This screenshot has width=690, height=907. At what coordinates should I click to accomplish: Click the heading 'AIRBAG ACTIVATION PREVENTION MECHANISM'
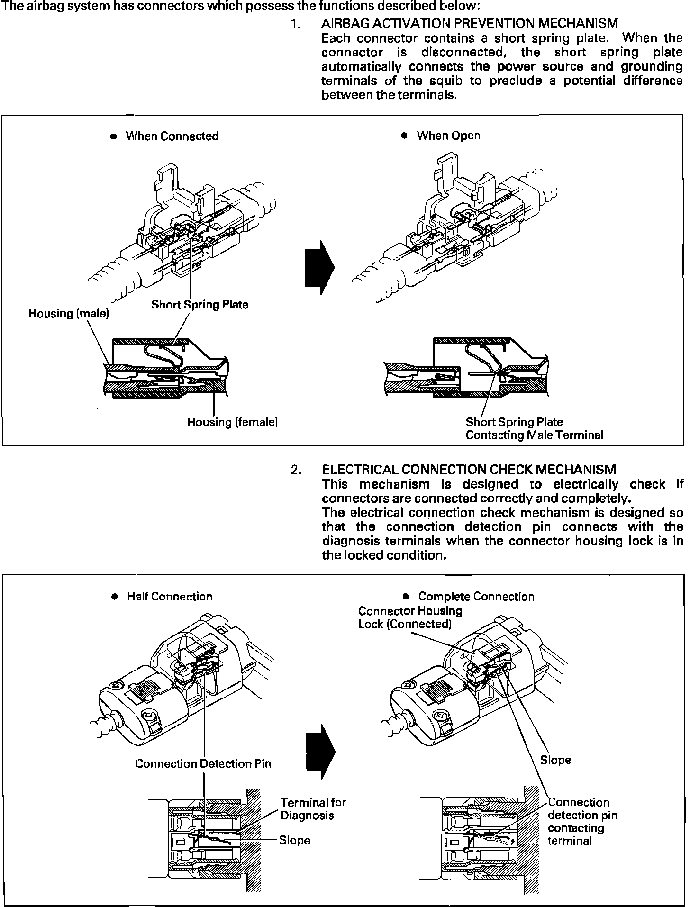click(x=470, y=23)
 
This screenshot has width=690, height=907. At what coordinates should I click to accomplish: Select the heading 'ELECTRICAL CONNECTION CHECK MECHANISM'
click(x=469, y=470)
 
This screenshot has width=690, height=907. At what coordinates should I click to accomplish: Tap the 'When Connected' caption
click(x=172, y=136)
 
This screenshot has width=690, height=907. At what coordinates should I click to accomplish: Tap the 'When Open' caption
click(x=448, y=136)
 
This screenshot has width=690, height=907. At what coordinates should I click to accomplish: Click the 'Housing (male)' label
click(x=69, y=314)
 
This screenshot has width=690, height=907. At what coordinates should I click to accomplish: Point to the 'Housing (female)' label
click(x=232, y=422)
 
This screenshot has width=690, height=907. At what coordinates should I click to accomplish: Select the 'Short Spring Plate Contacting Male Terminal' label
click(x=534, y=428)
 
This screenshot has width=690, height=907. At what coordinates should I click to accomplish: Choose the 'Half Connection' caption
click(x=170, y=597)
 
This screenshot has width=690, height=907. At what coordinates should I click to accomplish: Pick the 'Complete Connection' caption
click(x=476, y=597)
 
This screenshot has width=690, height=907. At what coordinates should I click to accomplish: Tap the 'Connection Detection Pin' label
click(x=203, y=764)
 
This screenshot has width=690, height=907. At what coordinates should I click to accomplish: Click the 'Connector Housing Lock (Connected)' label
click(x=410, y=617)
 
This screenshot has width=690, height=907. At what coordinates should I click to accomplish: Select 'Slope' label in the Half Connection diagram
click(x=294, y=840)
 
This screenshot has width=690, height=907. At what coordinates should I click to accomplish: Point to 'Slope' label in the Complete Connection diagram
click(x=555, y=760)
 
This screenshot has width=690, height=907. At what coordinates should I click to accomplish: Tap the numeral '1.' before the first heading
click(x=296, y=23)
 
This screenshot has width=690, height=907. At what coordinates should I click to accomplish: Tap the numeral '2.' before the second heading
click(x=296, y=470)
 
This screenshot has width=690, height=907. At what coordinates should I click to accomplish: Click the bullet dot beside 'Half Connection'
click(x=114, y=597)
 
